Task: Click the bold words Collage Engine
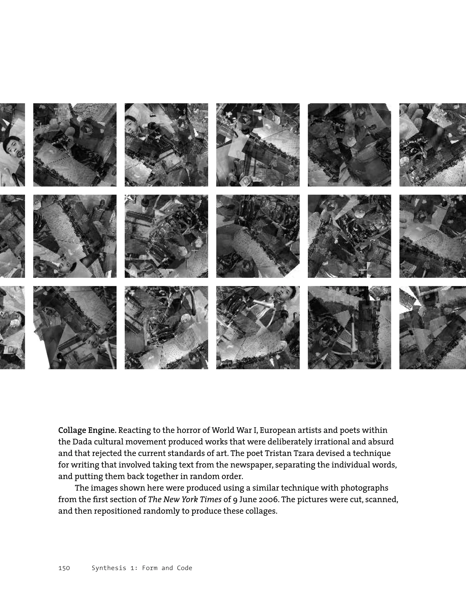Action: click(x=87, y=430)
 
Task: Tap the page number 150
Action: click(x=64, y=568)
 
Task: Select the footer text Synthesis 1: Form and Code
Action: click(x=142, y=568)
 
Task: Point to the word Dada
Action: click(x=81, y=442)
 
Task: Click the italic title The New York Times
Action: click(x=185, y=499)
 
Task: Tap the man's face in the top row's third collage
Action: click(x=132, y=124)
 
